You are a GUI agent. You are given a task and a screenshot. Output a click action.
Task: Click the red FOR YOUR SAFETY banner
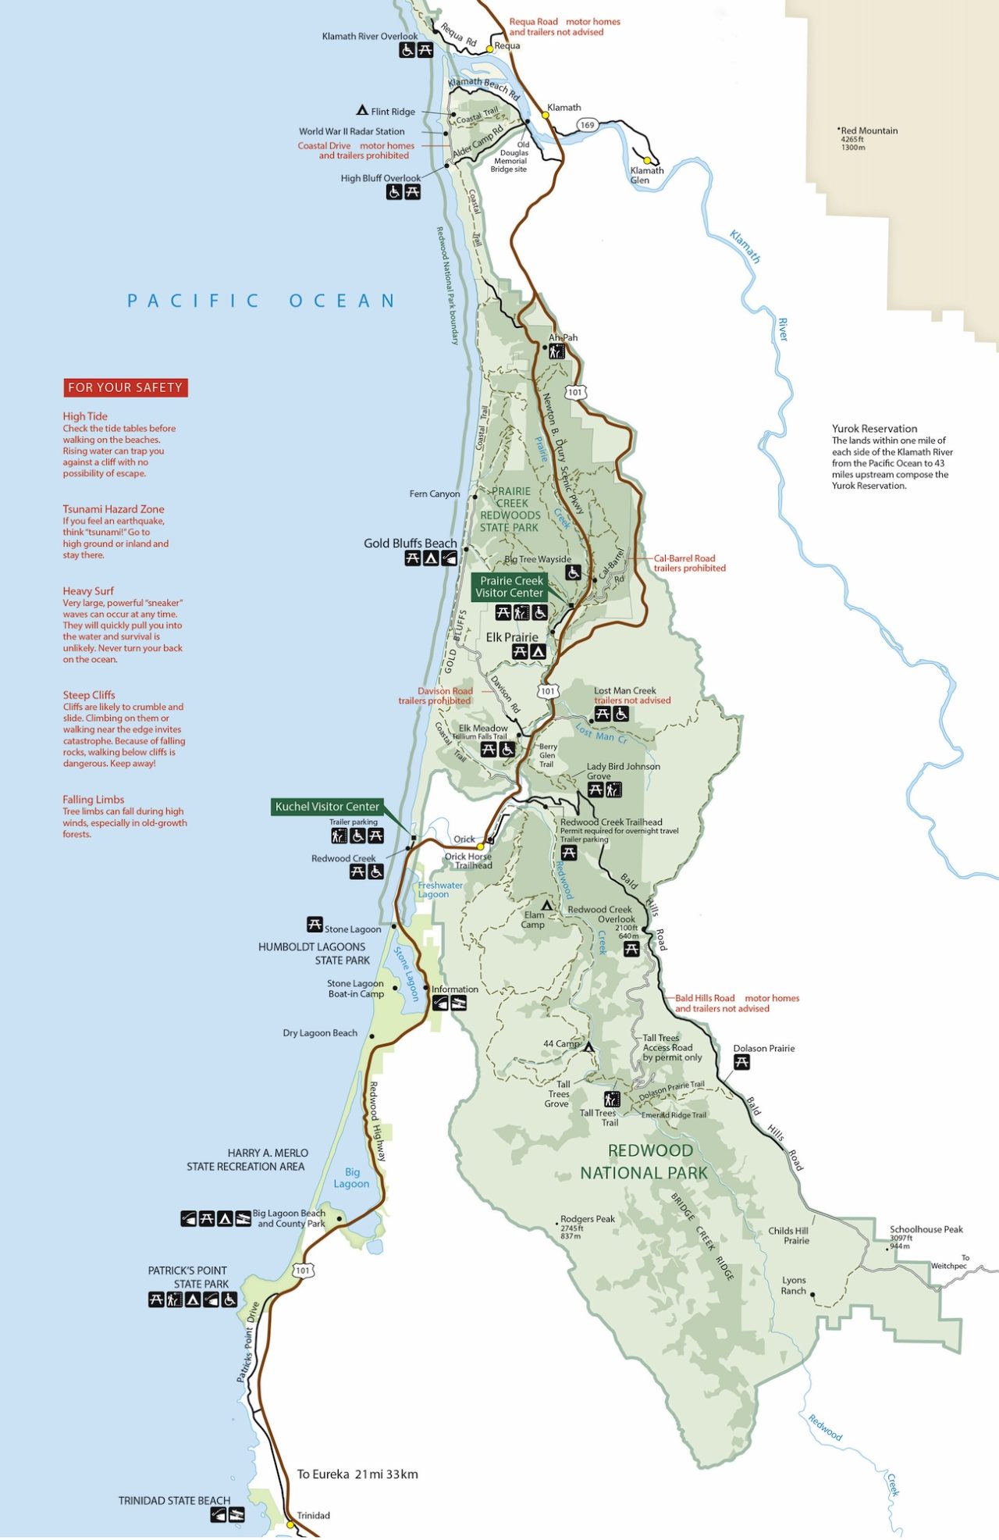pos(125,387)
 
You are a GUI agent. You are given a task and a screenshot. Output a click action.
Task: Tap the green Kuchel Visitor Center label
pos(327,807)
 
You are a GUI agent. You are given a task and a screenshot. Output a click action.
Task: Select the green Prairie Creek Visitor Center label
pos(511,586)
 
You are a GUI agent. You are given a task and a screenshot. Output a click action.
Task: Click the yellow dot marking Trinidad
pos(290,1524)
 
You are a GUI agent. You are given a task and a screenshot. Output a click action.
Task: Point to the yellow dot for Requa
pos(489,48)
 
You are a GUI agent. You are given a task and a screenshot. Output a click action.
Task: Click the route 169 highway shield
pos(587,125)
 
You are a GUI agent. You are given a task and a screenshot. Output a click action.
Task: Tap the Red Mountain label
pos(869,131)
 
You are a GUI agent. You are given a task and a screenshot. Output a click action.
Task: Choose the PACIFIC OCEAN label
pos(261,301)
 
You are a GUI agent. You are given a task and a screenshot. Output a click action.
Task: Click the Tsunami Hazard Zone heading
pos(113,509)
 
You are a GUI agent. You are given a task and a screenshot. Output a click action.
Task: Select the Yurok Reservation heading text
pos(874,429)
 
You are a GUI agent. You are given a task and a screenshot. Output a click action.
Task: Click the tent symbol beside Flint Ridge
pos(362,110)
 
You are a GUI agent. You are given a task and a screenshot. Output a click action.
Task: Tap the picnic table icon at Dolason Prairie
pos(741,1062)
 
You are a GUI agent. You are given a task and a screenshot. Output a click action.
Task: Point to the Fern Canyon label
pos(435,494)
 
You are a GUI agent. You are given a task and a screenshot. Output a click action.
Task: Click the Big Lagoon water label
pos(352,1178)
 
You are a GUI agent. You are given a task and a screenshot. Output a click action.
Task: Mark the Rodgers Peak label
pos(587,1219)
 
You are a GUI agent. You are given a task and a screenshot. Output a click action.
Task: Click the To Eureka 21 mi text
pos(357,1474)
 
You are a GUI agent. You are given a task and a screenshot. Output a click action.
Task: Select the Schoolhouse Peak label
pos(926,1229)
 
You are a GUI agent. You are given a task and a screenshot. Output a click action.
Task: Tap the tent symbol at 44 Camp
pos(589,1047)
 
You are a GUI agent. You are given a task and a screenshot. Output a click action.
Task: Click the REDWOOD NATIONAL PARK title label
pos(645,1161)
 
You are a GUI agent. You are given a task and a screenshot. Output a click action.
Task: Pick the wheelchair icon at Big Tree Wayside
pos(574,572)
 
